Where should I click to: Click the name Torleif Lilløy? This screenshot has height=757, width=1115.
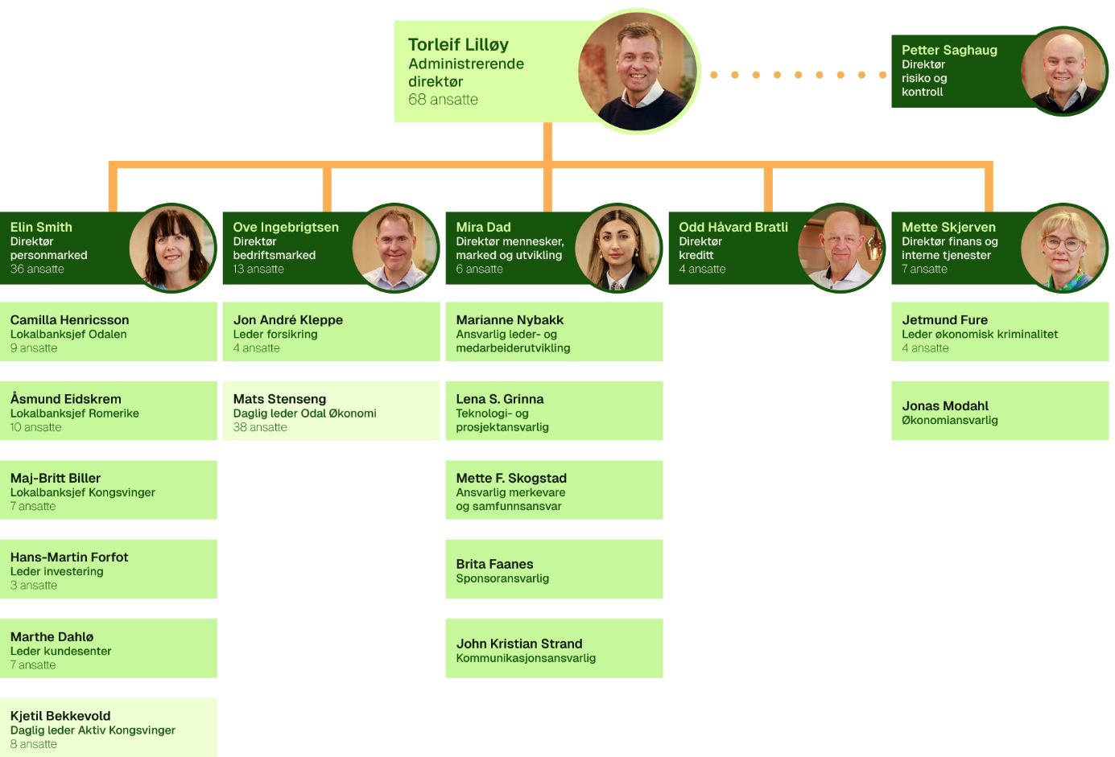458,45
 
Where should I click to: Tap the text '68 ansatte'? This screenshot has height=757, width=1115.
443,100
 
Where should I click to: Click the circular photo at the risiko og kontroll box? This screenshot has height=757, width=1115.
1063,71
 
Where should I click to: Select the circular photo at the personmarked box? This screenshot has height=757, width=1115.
171,248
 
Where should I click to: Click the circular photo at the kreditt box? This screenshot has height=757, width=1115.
840,248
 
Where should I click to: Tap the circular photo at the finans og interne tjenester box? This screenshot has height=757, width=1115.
1063,248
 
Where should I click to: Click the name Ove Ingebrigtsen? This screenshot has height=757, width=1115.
286,228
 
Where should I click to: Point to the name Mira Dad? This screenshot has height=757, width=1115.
483,228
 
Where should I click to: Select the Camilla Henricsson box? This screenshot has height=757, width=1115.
109,331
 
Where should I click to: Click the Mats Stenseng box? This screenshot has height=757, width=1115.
331,410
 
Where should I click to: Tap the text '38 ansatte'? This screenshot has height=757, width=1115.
260,427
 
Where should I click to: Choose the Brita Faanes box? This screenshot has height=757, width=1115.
554,569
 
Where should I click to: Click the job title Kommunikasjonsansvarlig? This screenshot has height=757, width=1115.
526,658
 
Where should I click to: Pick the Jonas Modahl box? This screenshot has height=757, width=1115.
1000,410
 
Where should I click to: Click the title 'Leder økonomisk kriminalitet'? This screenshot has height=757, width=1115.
980,334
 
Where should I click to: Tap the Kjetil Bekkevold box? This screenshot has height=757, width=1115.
109,727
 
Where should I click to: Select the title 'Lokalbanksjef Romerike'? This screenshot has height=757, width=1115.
75,413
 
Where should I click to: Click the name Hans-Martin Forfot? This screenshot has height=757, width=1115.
69,557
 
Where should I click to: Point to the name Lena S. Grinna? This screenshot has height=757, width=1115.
500,399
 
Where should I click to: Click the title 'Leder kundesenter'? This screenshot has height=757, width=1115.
60,651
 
